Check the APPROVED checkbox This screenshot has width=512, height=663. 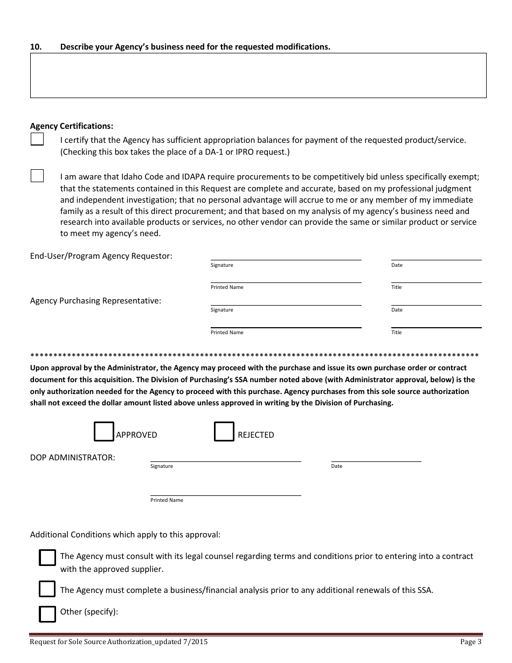pyautogui.click(x=104, y=432)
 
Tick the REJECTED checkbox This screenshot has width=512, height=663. pyautogui.click(x=224, y=432)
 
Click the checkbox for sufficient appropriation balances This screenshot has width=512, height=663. pyautogui.click(x=37, y=140)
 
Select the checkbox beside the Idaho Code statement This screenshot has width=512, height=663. pyautogui.click(x=37, y=176)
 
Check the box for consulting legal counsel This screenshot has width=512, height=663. pyautogui.click(x=47, y=557)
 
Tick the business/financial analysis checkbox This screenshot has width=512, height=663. pyautogui.click(x=47, y=589)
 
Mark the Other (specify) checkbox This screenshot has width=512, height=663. pyautogui.click(x=47, y=614)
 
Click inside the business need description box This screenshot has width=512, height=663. pyautogui.click(x=258, y=75)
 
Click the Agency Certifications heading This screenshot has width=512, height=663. pyautogui.click(x=72, y=126)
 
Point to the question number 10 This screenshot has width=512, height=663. pyautogui.click(x=36, y=47)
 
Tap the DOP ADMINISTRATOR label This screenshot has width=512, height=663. pyautogui.click(x=72, y=458)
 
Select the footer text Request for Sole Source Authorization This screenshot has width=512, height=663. pyautogui.click(x=119, y=642)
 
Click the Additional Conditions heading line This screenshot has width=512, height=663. pyautogui.click(x=125, y=535)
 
